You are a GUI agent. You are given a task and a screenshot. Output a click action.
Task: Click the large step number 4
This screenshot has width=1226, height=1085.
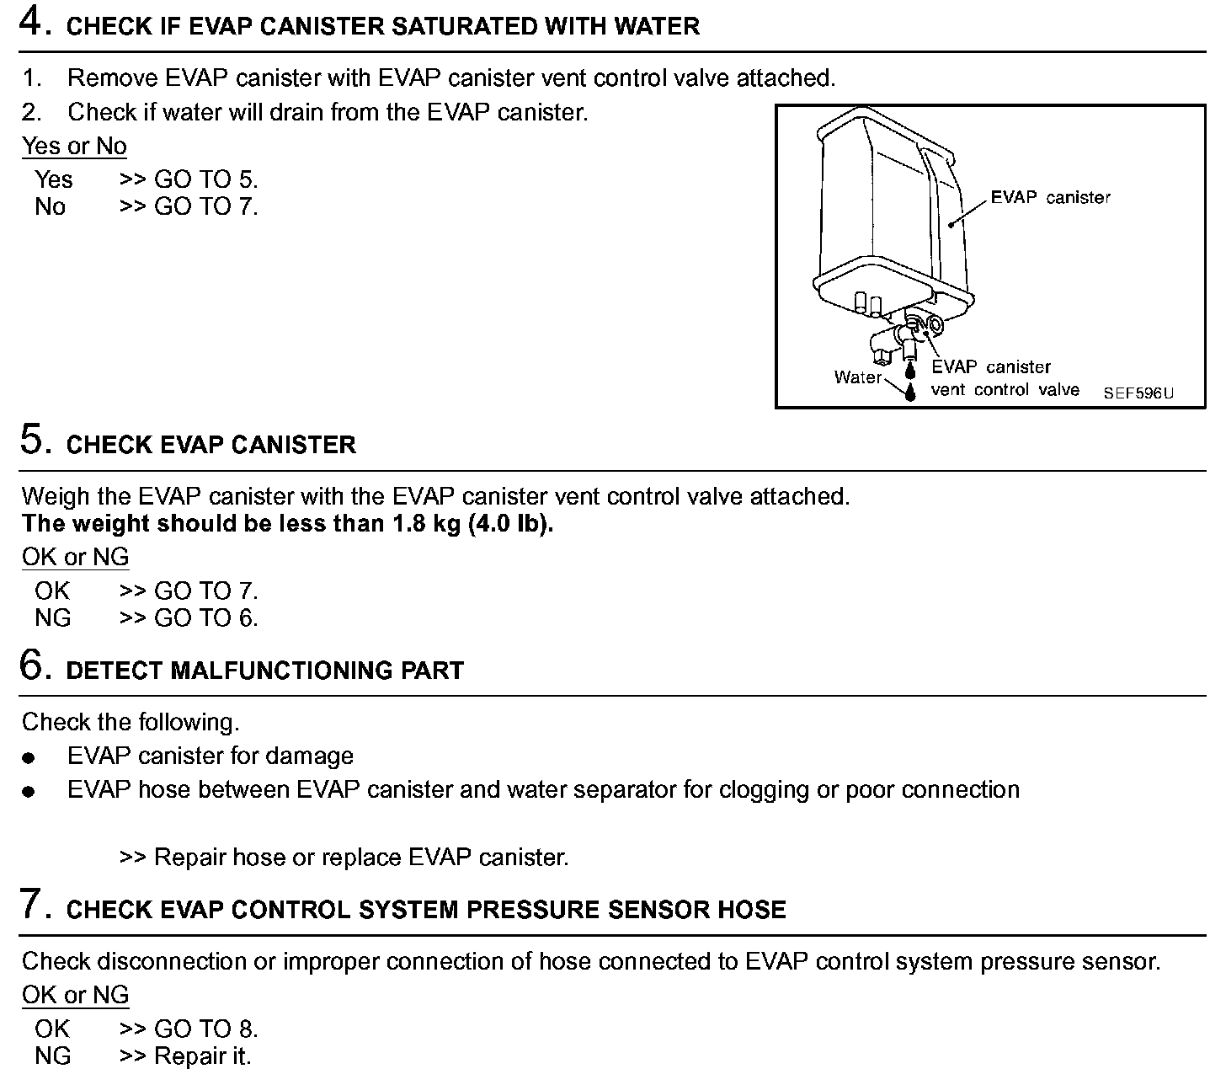pos(32,22)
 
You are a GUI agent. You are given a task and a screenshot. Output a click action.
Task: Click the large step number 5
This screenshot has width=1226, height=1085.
pos(32,440)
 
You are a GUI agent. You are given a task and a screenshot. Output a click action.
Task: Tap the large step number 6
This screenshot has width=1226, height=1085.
pos(32,665)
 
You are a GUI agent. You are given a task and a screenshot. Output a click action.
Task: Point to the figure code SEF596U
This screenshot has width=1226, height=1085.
pos(1138,393)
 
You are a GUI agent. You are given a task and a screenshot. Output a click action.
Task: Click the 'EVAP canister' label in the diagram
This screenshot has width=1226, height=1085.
pos(1050,198)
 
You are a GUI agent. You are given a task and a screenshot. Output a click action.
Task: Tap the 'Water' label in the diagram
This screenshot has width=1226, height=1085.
pos(857,377)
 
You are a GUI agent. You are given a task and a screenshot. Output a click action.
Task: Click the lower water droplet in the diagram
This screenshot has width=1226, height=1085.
pos(909,392)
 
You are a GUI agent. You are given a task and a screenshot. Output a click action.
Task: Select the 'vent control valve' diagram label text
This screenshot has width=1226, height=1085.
pos(1005,390)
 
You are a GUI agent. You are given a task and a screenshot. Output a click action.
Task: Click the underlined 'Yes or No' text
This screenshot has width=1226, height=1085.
pos(74,146)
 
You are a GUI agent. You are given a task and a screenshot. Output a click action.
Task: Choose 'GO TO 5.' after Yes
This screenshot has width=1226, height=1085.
pos(206,179)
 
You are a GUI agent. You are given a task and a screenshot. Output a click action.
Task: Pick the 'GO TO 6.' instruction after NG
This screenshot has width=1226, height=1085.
pos(206,617)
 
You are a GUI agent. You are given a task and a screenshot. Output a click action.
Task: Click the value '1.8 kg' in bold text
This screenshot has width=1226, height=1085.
pos(428,523)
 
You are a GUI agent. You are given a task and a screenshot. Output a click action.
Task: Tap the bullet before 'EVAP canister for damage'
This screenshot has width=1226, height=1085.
pos(29,758)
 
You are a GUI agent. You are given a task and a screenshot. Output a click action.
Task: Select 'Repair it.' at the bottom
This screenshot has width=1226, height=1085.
pos(203,1056)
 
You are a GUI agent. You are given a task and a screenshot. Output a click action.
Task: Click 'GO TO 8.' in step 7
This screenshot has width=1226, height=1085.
pos(206,1029)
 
